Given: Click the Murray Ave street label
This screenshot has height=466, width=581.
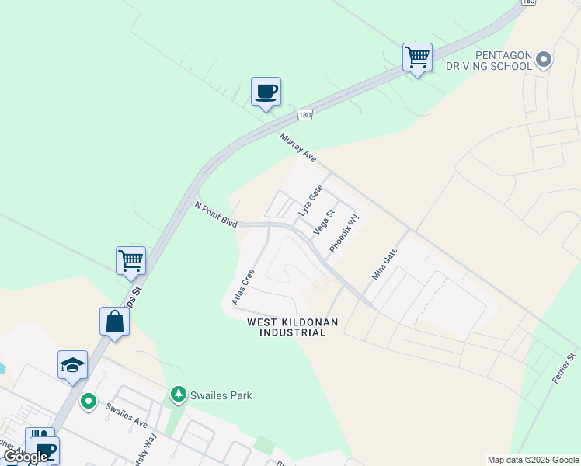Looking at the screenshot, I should [298, 148].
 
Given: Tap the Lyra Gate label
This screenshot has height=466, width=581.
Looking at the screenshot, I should [310, 200].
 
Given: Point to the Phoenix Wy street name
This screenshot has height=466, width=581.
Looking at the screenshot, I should [344, 233].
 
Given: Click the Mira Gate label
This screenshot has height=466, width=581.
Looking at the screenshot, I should [384, 264].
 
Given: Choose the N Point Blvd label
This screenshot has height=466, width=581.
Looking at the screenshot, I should [215, 215].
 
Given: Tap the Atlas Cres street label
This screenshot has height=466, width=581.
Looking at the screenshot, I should [242, 287].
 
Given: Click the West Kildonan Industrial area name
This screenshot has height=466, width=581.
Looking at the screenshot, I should [287, 327].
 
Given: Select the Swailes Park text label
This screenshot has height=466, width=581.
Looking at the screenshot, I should [223, 395].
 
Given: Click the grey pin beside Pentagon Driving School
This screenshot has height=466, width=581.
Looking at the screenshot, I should [544, 59].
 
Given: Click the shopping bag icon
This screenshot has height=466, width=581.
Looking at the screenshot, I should [114, 322].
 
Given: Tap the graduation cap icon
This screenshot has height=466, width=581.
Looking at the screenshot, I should [72, 364].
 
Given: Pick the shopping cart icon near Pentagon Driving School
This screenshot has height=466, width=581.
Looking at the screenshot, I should [417, 57].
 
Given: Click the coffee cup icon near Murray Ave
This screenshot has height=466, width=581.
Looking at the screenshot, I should [266, 92].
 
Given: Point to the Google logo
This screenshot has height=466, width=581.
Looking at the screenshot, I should [26, 457].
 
